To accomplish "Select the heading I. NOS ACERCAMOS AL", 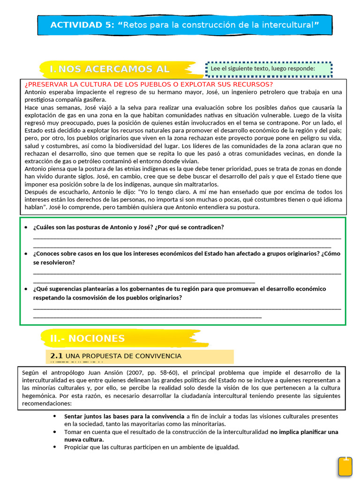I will [110, 69].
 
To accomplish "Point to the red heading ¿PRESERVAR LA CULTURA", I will [149, 84].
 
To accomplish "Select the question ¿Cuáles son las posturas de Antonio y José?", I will [128, 227].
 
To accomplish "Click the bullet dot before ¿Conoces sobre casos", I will [26, 254].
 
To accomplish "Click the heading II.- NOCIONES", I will [88, 338].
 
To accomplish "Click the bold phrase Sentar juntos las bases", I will [124, 416].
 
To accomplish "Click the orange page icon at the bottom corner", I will [345, 467].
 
